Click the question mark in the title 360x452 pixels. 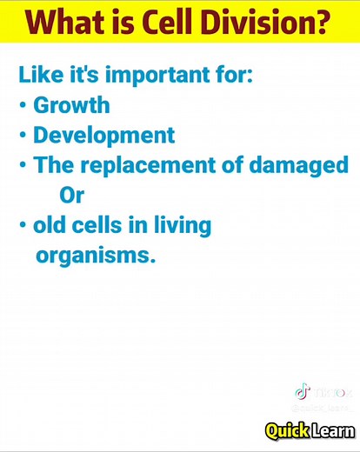pos(325,22)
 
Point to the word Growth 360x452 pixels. pos(71,106)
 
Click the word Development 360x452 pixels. pos(103,136)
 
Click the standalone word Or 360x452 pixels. pos(71,195)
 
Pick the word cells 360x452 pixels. pos(97,225)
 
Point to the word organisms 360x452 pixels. pos(96,256)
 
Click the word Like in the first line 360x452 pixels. pos(37,76)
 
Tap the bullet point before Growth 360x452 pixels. pos(23,106)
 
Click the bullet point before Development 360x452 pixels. pos(23,136)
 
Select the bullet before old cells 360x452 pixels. pos(23,226)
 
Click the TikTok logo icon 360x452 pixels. pos(302,392)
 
